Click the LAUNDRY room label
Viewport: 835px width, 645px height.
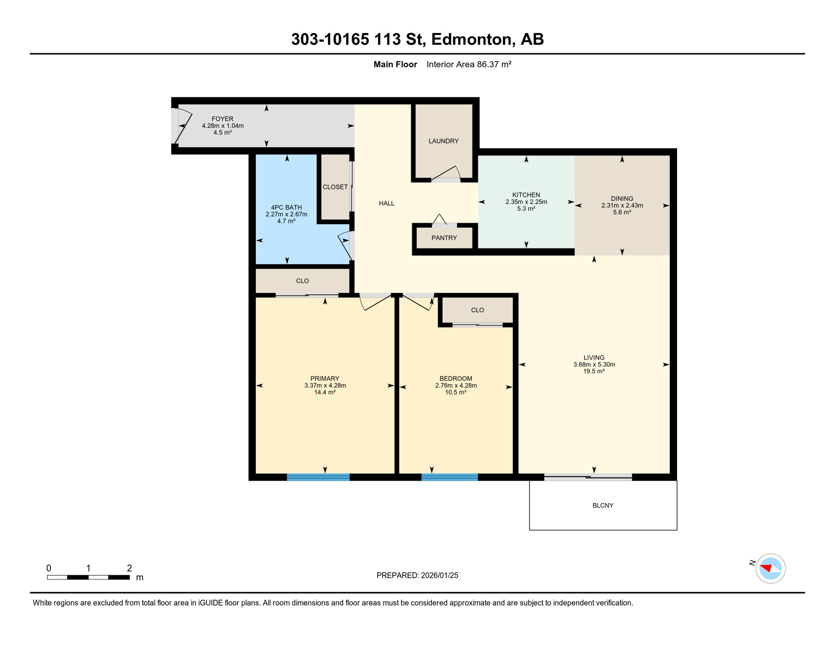tap(443, 141)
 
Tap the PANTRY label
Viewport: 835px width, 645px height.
tap(444, 238)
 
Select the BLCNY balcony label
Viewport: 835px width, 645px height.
tap(603, 506)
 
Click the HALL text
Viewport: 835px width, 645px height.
tap(386, 203)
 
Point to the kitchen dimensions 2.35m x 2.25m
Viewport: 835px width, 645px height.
tap(526, 202)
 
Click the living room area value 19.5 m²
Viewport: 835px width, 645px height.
tap(593, 372)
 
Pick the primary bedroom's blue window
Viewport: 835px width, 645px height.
tap(318, 477)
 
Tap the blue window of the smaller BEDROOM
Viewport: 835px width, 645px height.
tap(449, 477)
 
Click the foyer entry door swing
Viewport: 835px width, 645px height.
tap(183, 126)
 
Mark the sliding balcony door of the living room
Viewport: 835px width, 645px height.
tap(588, 477)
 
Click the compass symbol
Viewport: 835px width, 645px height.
tap(770, 569)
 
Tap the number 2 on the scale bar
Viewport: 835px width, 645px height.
tap(129, 568)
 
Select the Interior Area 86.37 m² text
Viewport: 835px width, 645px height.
tap(469, 65)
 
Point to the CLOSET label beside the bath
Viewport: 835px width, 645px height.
tap(335, 187)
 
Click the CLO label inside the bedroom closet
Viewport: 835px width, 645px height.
tap(477, 310)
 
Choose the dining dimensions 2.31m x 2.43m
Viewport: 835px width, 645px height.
tap(622, 206)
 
